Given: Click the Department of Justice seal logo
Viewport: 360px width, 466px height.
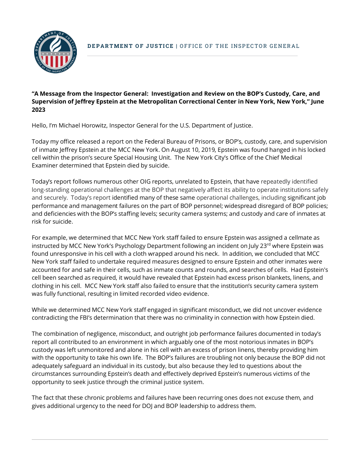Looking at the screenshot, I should coord(55,51).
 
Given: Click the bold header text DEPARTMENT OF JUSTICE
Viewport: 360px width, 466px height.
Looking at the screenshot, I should coord(130,46).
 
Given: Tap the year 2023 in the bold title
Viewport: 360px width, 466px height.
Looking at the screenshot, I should coord(38,110).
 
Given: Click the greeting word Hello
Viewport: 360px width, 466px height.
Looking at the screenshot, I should coord(40,126).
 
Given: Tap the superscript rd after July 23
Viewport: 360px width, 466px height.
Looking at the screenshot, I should coord(268,244).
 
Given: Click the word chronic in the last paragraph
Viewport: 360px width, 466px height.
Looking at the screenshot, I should coord(89,398).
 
